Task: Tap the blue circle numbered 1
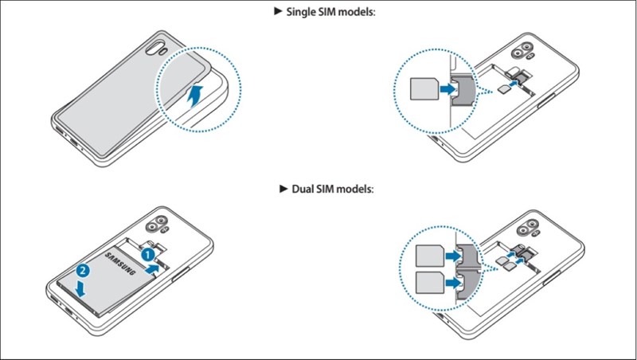click(x=147, y=254)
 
